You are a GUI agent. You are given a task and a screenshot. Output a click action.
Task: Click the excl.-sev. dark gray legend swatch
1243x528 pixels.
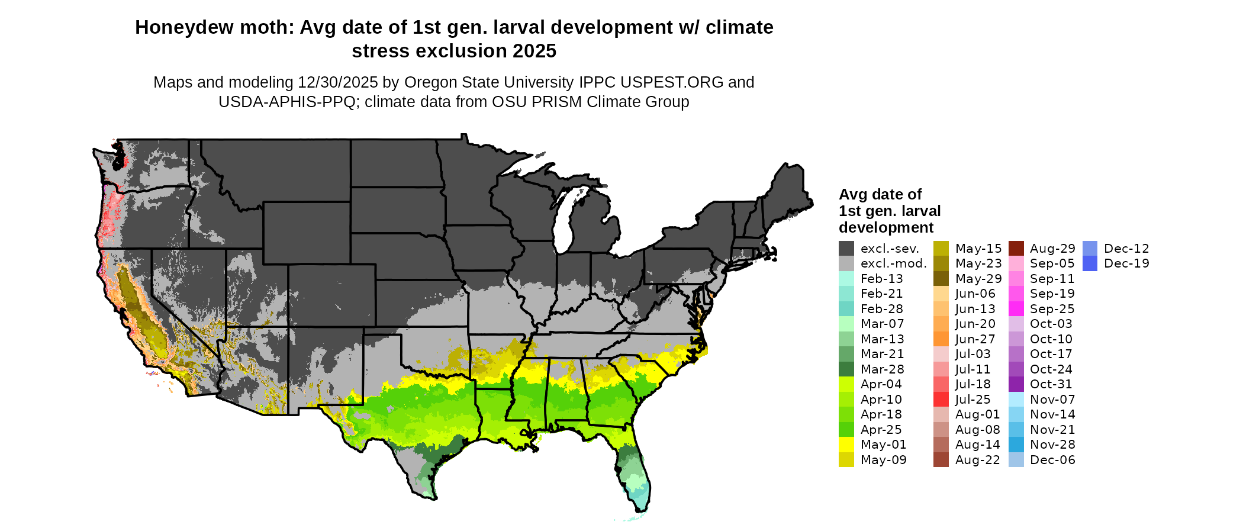coord(846,249)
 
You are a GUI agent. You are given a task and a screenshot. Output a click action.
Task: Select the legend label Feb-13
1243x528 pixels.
coord(881,279)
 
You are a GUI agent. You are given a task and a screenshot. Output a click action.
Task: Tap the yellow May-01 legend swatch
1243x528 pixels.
coord(846,445)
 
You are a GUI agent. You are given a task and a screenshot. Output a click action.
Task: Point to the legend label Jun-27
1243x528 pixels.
coord(975,339)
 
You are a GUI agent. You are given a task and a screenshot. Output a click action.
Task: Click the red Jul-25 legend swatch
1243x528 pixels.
coord(941,400)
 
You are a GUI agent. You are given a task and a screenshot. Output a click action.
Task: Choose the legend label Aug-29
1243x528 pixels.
coord(1052,249)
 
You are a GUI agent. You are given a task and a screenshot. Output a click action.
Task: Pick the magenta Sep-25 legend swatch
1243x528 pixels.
coord(1016,309)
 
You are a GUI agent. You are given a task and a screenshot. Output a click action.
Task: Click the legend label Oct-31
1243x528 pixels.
coord(1051,384)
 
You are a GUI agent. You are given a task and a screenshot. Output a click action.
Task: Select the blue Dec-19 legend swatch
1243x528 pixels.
coord(1090,263)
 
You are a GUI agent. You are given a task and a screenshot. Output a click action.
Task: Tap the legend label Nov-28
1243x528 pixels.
coord(1052,445)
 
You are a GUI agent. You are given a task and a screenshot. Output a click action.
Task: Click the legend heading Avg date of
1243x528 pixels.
coord(880,195)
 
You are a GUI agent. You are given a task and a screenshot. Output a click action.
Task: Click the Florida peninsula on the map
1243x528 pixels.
coord(633,474)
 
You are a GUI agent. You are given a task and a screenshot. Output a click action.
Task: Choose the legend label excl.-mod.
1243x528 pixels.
coord(893,263)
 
